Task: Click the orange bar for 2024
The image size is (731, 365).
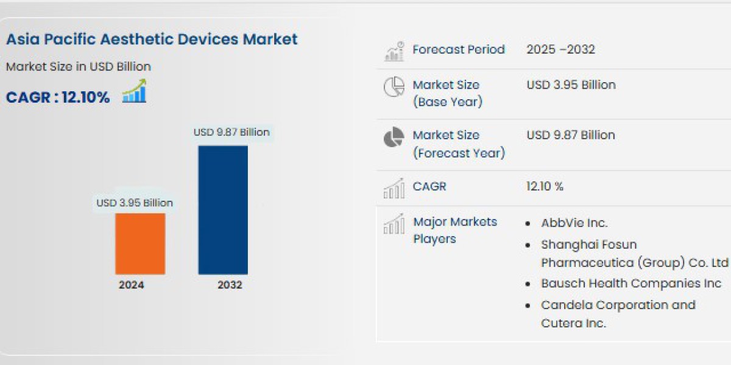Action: pos(140,243)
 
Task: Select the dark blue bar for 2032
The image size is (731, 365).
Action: pos(223,210)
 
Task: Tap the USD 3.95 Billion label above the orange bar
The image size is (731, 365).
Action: pos(135,203)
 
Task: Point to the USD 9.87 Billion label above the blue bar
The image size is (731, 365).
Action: pos(231,132)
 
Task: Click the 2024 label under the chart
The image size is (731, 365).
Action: pos(132,285)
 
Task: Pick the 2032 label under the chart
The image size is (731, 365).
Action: pos(230,285)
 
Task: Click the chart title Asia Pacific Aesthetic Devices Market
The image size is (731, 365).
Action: pos(152,40)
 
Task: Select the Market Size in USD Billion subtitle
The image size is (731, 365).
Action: pos(79,67)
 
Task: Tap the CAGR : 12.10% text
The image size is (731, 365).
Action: pos(58,97)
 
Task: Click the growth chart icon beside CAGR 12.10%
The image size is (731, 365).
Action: pos(134,91)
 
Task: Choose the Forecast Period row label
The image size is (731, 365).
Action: pos(459,50)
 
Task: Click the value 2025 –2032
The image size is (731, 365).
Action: pos(560,50)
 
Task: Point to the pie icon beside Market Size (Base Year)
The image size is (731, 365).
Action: pos(394,87)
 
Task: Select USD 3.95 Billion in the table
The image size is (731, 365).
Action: pos(571,85)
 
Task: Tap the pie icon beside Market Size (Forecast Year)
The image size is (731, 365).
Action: pos(394,137)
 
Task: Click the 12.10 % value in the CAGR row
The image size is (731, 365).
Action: pos(545,187)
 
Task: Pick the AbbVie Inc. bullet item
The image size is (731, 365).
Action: pos(574,223)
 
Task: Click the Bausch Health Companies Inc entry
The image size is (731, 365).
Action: pos(631,283)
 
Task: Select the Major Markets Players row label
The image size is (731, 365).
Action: pos(455,230)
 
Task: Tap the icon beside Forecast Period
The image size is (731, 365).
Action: pos(394,52)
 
